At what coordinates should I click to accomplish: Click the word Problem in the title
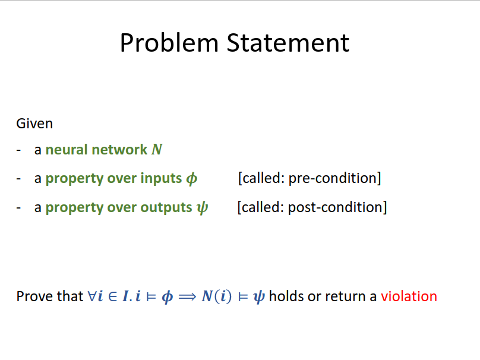click(x=169, y=43)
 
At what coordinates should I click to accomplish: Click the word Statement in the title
click(x=288, y=43)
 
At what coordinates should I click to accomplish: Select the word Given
click(x=34, y=124)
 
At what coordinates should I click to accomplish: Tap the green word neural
click(x=67, y=150)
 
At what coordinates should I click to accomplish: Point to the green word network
click(x=119, y=150)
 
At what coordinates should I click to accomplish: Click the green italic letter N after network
click(x=157, y=150)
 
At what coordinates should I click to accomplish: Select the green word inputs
click(x=161, y=178)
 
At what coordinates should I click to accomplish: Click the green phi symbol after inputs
click(x=192, y=179)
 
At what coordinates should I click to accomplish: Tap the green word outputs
click(x=166, y=207)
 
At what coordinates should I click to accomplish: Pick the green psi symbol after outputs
click(x=203, y=208)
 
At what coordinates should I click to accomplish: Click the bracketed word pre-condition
click(x=335, y=178)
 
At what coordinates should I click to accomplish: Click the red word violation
click(x=409, y=296)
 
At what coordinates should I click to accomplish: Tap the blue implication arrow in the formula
click(x=187, y=296)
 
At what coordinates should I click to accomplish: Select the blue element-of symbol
click(x=113, y=296)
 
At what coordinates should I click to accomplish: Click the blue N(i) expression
click(x=217, y=296)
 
